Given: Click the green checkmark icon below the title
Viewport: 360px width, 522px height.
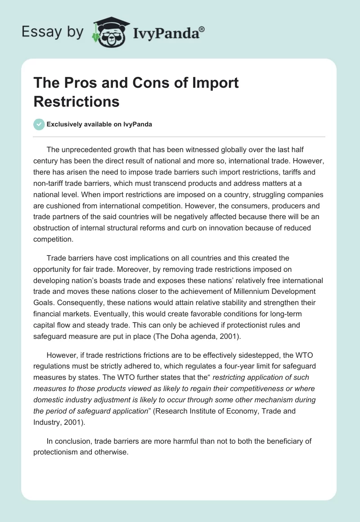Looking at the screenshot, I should click(39, 124).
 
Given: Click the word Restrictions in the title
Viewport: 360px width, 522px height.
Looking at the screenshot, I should click(76, 102).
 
